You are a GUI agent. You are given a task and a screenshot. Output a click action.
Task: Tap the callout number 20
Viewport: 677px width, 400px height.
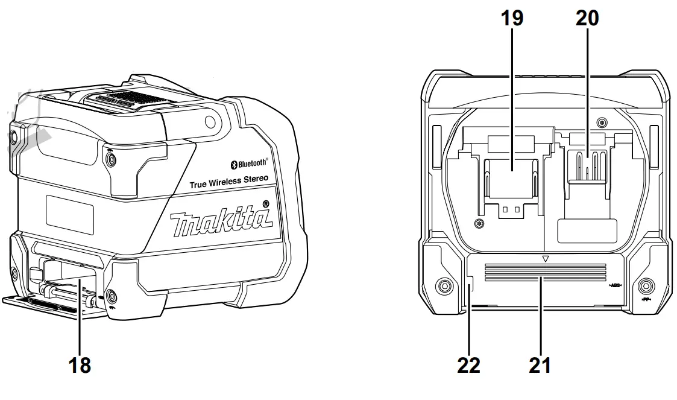click(587, 19)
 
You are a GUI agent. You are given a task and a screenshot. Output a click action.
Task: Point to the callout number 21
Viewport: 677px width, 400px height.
click(539, 365)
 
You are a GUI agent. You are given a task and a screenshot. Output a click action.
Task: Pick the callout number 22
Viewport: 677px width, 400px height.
click(468, 365)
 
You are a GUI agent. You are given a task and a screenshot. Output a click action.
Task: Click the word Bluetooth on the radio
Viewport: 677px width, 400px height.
click(252, 163)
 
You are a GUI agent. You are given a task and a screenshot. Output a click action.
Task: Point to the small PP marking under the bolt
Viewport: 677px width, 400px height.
click(646, 299)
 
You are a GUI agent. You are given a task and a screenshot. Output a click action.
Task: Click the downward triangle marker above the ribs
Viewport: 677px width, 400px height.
click(545, 258)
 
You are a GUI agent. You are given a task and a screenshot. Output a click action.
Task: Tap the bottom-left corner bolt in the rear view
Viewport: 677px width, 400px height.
click(444, 285)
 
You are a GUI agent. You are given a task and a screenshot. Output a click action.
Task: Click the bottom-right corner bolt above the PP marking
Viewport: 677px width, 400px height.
click(646, 285)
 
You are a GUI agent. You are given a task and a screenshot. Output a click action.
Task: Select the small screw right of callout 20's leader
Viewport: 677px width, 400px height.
click(601, 123)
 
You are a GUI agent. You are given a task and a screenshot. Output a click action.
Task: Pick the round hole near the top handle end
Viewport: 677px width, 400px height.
click(210, 122)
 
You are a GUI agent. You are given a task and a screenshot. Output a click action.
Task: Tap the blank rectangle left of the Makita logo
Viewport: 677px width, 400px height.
click(70, 214)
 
